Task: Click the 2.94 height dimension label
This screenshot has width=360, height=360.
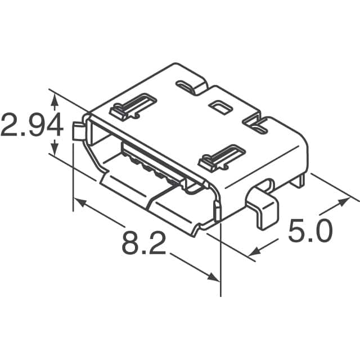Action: [31, 127]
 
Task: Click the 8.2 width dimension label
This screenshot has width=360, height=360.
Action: [143, 244]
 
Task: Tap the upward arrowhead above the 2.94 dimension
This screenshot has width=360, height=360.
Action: [55, 100]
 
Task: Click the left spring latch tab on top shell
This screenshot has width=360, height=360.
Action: [133, 106]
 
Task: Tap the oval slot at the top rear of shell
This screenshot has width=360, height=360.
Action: [190, 86]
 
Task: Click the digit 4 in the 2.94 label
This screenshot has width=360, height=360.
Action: [53, 127]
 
